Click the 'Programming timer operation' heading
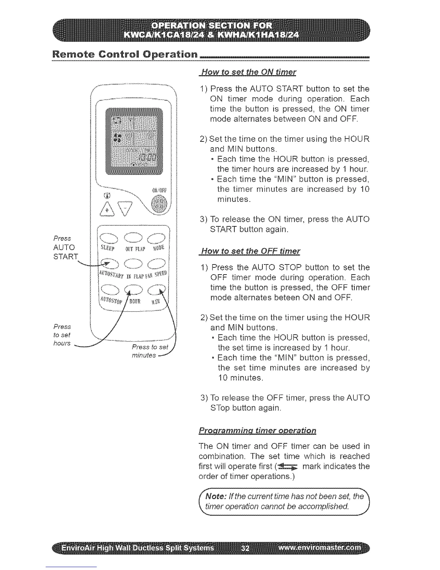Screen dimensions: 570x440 tap(257, 430)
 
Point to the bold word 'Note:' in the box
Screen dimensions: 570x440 tap(217, 497)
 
